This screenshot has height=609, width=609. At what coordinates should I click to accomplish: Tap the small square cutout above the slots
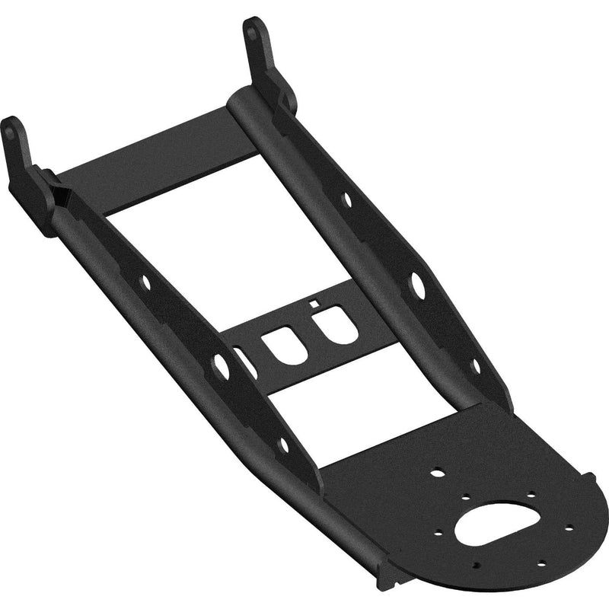tap(313, 304)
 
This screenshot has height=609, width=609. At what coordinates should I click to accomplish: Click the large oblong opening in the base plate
tap(496, 523)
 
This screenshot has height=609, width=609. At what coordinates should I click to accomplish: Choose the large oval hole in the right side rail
tap(417, 284)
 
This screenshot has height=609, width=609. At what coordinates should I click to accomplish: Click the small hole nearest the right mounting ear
tap(347, 199)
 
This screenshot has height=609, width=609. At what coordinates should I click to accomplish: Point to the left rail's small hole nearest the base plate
tap(284, 443)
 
